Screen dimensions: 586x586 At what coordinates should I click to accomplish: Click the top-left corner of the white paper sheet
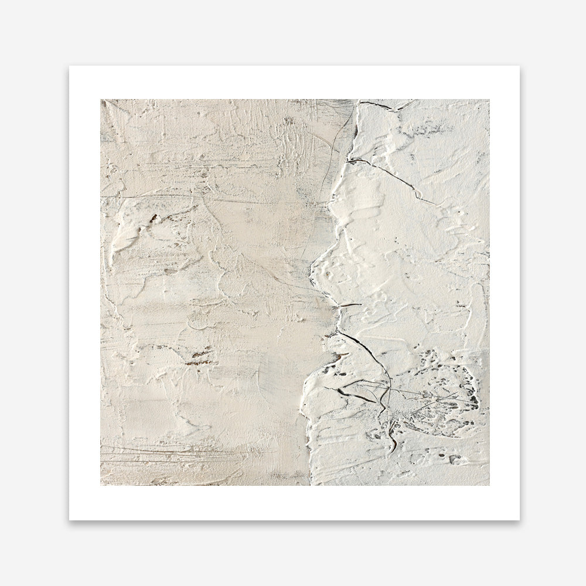pos(69,66)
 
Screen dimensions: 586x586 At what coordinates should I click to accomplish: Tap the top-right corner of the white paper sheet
pos(519,66)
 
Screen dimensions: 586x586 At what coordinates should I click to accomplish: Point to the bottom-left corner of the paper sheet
pos(69,520)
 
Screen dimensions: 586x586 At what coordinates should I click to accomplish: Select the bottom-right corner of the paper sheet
pos(519,520)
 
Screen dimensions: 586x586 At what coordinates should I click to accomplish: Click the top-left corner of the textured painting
pos(100,100)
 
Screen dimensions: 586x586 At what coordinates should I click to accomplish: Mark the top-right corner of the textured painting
pos(489,100)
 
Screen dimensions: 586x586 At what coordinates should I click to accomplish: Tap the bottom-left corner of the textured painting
pos(100,485)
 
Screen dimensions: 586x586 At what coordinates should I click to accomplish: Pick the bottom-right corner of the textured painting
pos(489,485)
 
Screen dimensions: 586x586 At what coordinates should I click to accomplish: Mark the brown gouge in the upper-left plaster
pos(154,219)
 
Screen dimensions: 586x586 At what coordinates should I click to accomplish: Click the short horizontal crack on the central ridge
pos(350,305)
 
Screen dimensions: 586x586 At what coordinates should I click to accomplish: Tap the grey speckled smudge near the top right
pos(434,126)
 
